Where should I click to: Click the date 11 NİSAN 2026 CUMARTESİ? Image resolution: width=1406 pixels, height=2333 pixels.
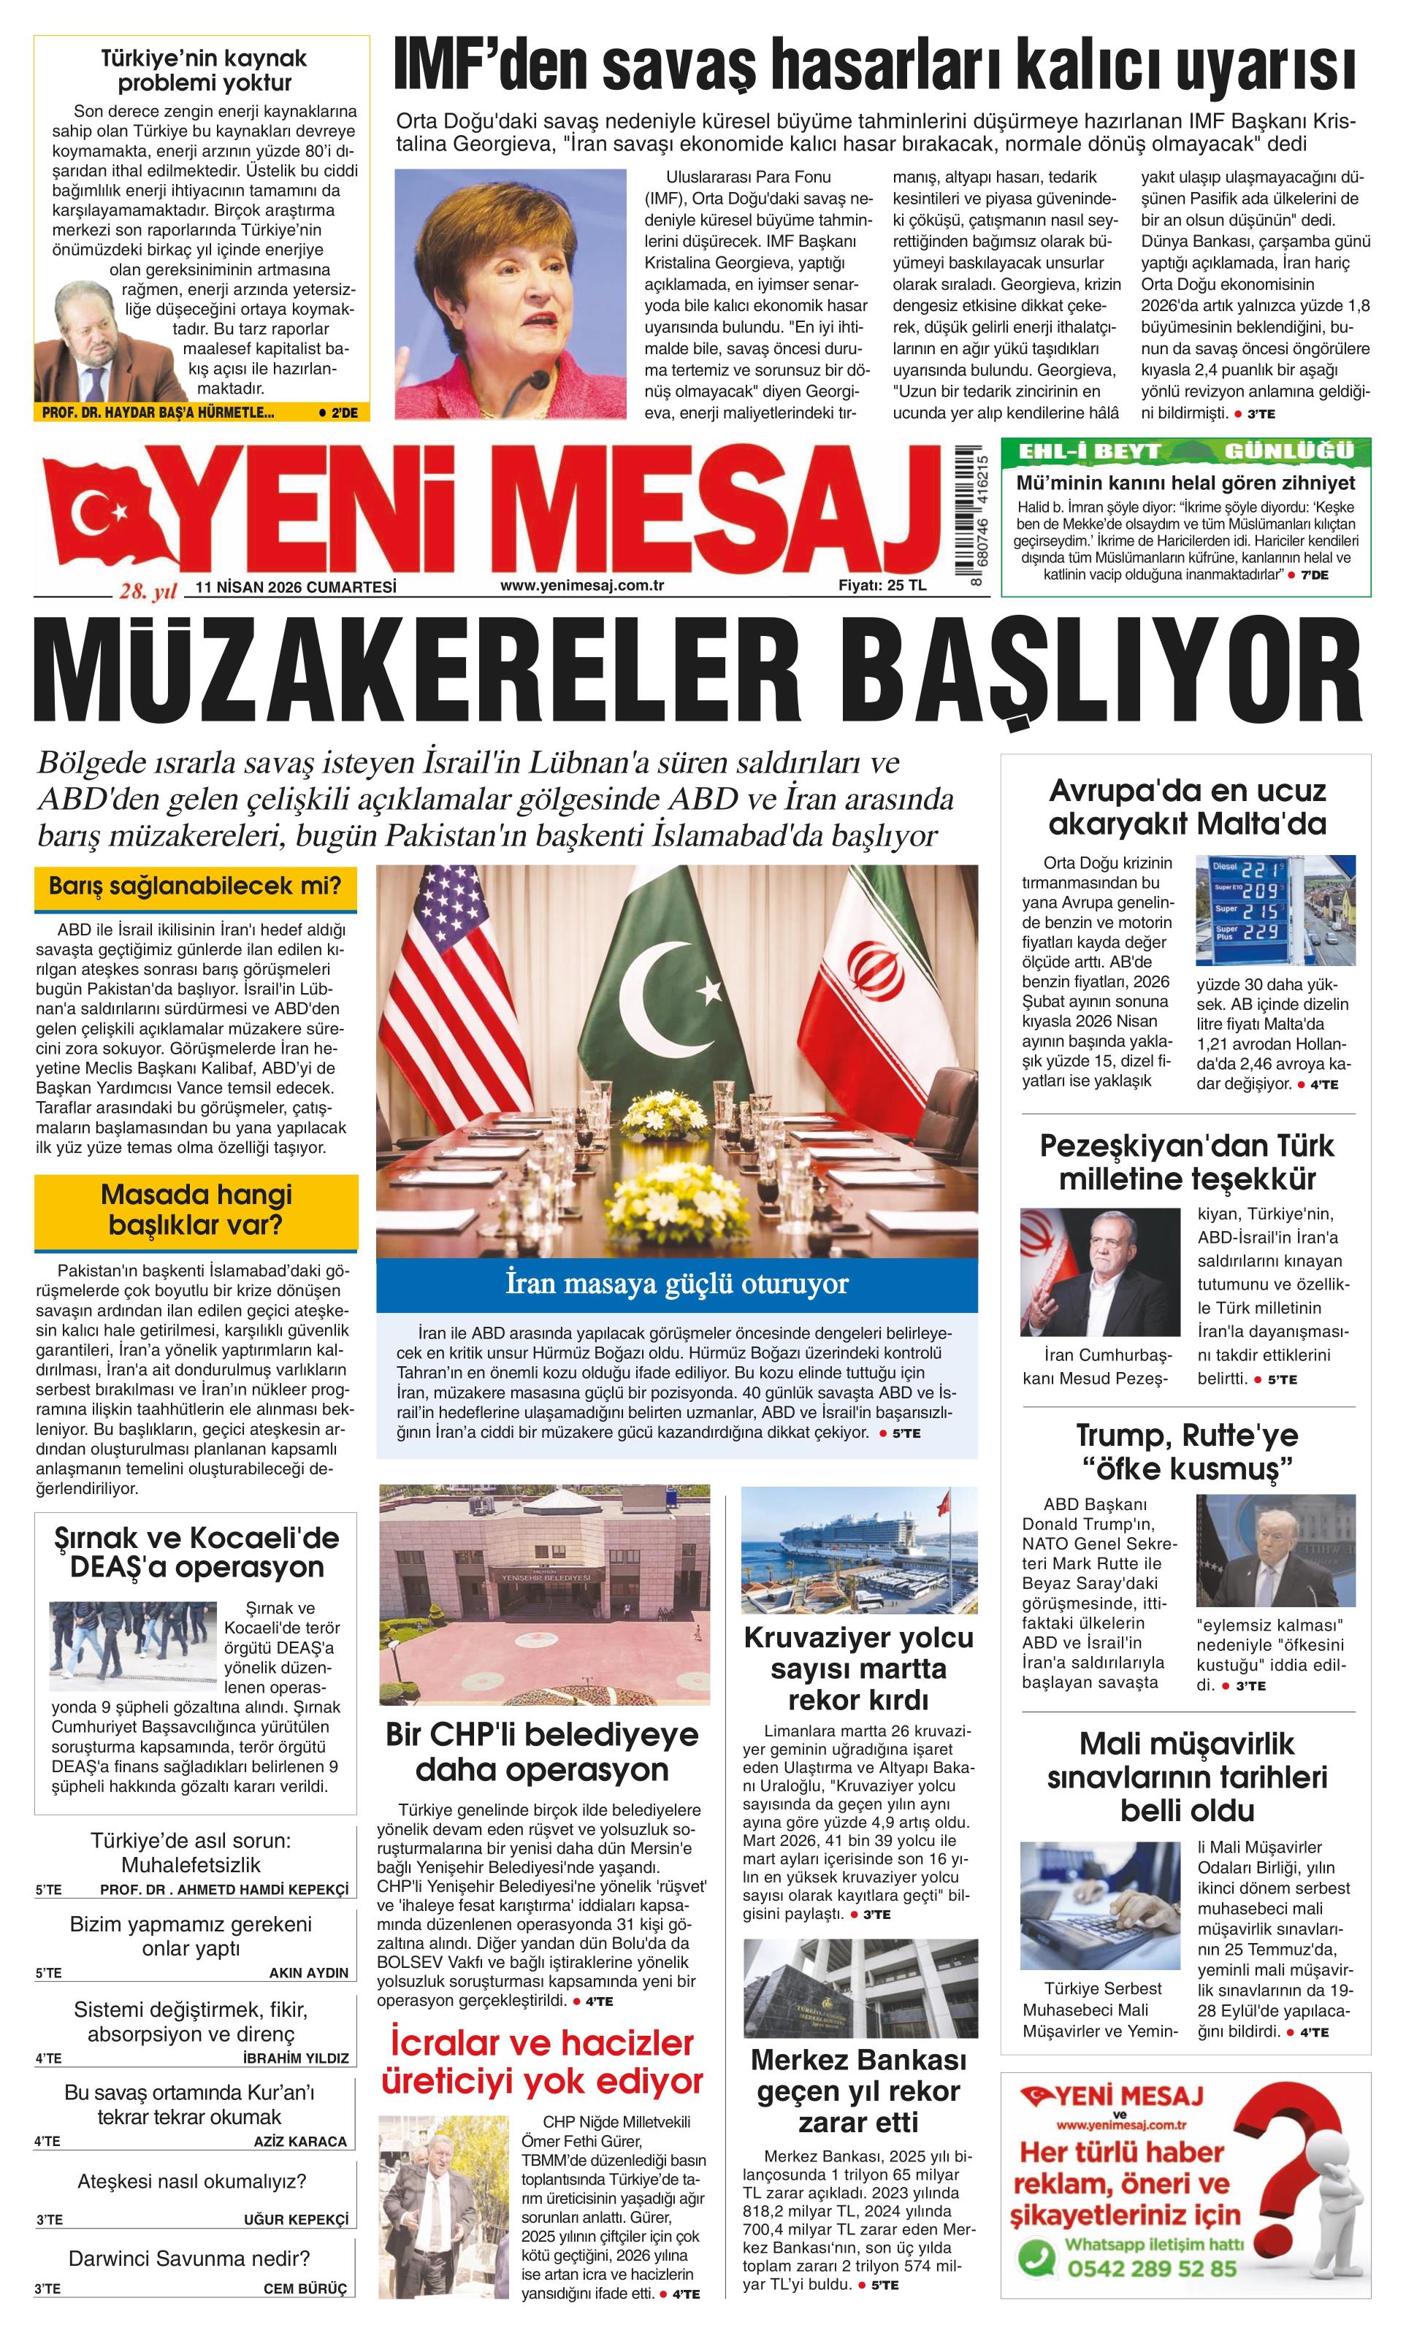(294, 587)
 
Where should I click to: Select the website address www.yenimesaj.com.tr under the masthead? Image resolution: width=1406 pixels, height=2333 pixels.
(581, 585)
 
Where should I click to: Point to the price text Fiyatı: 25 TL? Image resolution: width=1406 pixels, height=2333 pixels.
(882, 585)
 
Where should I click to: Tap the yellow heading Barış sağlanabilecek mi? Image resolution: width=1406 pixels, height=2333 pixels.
(195, 887)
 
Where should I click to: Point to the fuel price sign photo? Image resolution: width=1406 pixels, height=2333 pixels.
(1275, 909)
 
